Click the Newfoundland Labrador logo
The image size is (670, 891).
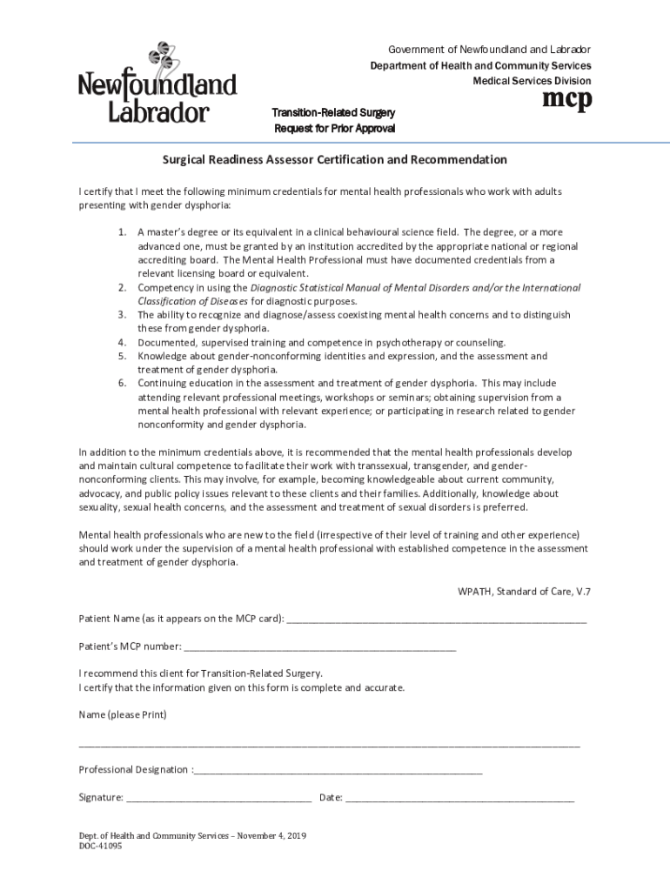tap(157, 84)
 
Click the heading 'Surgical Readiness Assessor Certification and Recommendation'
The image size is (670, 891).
tap(334, 160)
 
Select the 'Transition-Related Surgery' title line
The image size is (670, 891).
tap(334, 113)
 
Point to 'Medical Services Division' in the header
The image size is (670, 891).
tap(531, 81)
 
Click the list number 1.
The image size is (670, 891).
tap(123, 232)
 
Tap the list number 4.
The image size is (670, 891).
tap(123, 343)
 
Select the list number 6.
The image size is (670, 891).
tap(123, 383)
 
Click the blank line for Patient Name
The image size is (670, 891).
tap(436, 620)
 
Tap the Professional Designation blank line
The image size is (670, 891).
tap(338, 771)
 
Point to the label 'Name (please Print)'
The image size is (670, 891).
tap(123, 715)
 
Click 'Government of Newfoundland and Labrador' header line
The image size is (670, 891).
tap(489, 50)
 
